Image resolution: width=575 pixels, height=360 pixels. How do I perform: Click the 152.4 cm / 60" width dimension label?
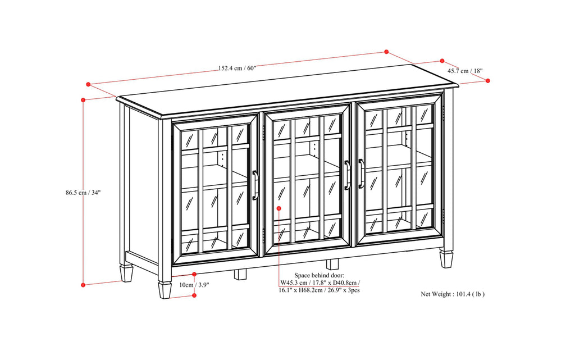(x=236, y=69)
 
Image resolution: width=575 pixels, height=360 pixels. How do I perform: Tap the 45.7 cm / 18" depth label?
(x=465, y=71)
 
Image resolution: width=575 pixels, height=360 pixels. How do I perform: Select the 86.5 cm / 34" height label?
(x=83, y=192)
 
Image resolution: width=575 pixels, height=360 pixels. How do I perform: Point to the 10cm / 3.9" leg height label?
(x=195, y=285)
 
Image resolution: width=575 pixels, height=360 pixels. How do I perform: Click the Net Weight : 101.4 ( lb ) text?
(x=453, y=294)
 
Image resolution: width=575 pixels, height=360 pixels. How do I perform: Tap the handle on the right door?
(x=361, y=174)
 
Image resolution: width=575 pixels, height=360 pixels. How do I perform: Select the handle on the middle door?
(x=348, y=175)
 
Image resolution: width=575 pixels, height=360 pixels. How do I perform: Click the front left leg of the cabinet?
(x=165, y=289)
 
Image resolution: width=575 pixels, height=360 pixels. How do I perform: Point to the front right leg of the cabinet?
(x=446, y=258)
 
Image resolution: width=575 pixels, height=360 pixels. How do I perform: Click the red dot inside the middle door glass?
(x=279, y=208)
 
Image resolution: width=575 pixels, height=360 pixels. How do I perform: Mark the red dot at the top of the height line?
(x=83, y=100)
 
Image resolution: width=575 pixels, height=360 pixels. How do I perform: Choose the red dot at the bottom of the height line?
(x=83, y=285)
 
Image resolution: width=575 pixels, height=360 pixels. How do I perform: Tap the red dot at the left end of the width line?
(x=88, y=84)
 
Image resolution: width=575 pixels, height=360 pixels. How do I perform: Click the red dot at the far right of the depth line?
(x=487, y=81)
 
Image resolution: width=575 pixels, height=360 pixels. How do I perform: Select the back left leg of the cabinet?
(x=126, y=272)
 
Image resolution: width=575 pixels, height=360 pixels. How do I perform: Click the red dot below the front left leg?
(x=194, y=295)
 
